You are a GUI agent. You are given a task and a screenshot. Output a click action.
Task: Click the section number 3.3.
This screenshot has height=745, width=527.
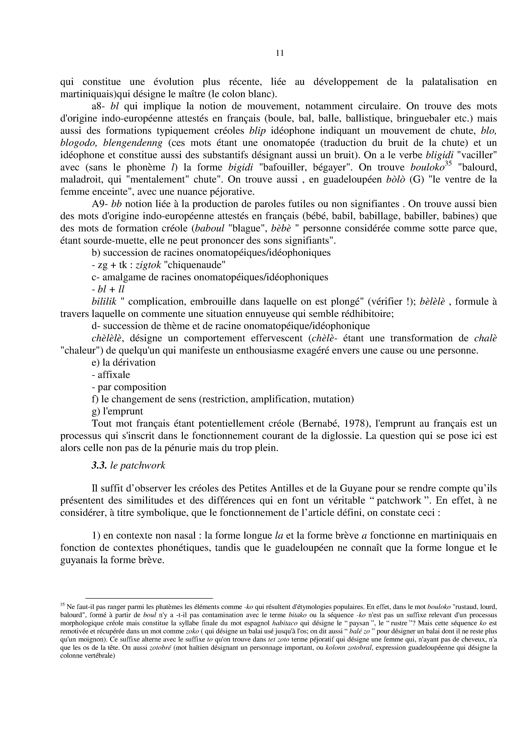click(99, 465)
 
